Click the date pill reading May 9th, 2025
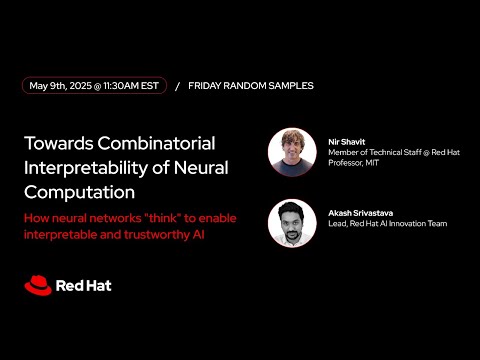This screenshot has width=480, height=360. tap(94, 86)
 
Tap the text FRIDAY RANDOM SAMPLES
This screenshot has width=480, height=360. tap(250, 86)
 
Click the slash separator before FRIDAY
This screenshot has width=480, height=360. tap(177, 86)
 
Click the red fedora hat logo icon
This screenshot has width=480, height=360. tap(38, 285)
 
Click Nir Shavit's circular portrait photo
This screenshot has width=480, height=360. tap(292, 152)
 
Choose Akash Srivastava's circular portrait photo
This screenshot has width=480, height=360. tap(292, 224)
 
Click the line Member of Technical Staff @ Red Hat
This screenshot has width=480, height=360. tap(392, 151)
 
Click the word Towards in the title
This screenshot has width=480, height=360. tap(61, 142)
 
